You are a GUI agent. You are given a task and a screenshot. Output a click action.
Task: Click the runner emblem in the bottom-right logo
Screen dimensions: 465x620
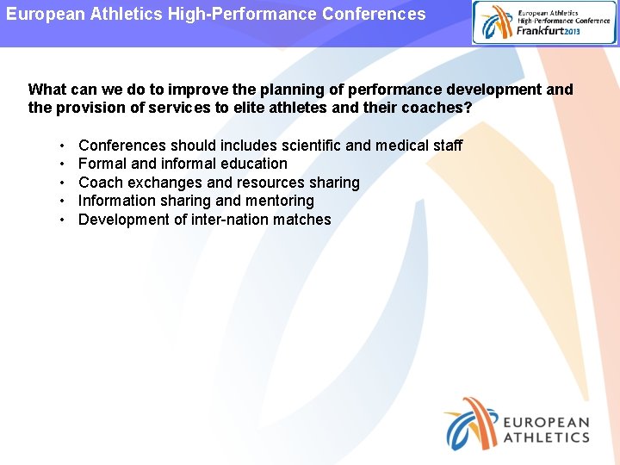(x=470, y=423)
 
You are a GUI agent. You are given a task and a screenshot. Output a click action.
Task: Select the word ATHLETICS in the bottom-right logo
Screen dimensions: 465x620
(x=546, y=437)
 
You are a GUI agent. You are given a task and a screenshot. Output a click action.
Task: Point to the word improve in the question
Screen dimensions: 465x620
(x=201, y=90)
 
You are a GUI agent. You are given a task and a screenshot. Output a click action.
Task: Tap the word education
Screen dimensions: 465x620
(x=253, y=164)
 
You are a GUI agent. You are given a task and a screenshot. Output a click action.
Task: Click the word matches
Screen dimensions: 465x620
(x=302, y=220)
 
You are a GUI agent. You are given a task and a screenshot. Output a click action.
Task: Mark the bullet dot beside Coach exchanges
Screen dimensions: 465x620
(x=64, y=183)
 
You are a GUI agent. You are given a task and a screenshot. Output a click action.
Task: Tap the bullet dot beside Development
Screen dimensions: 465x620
(x=64, y=220)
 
